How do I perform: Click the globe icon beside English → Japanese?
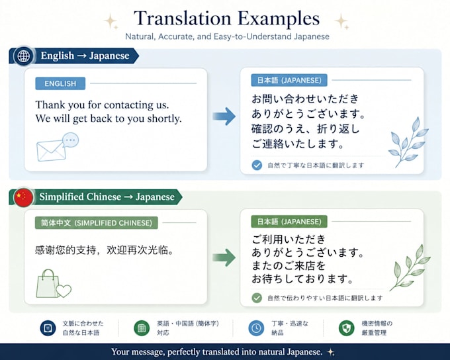(24, 56)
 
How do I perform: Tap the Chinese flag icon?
(24, 197)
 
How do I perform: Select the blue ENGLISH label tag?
(60, 83)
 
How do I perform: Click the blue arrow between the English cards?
(224, 116)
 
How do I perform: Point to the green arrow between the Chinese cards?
(224, 257)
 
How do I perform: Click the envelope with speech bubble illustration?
(58, 147)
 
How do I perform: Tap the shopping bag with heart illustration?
(54, 284)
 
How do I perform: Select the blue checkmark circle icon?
(257, 165)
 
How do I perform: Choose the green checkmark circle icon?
(257, 298)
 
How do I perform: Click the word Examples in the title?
(279, 19)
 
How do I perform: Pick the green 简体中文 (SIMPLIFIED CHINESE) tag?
(97, 223)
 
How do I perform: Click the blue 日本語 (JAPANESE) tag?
(289, 80)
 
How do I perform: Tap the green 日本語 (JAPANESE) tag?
(289, 221)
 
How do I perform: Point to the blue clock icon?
(256, 328)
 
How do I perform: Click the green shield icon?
(346, 328)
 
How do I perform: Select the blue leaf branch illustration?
(408, 142)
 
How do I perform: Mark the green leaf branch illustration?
(410, 267)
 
